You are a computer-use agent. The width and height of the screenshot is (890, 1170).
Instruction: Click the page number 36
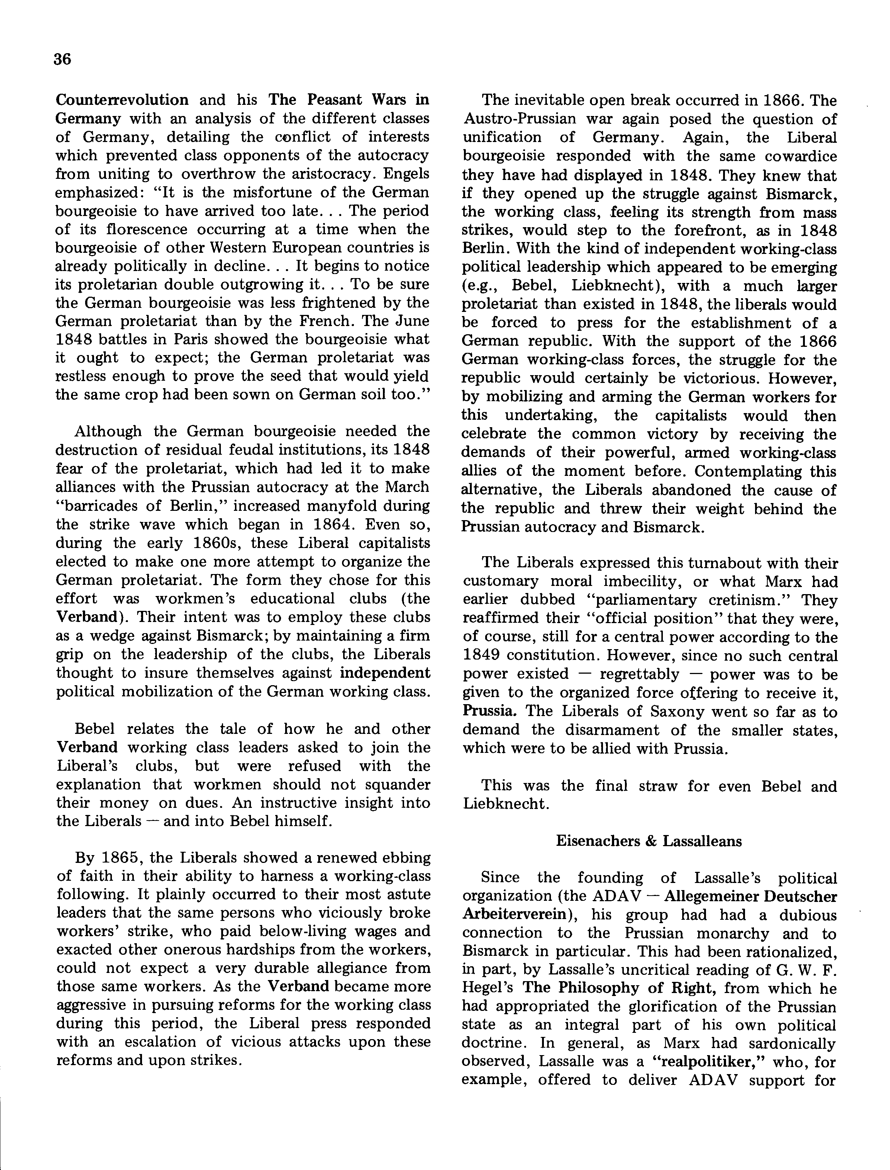[x=62, y=59]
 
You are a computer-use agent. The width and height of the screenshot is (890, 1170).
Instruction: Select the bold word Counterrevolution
[x=122, y=100]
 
